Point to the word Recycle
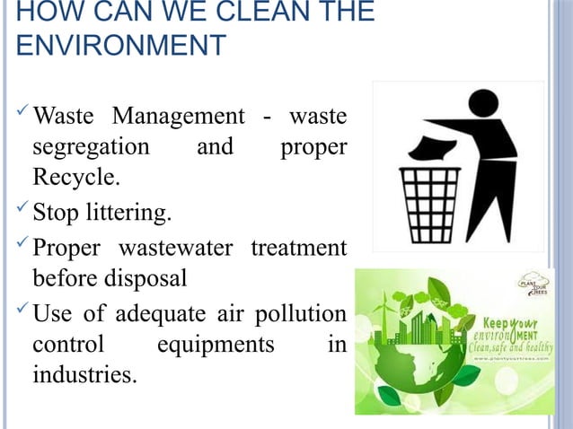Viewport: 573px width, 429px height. coord(75,176)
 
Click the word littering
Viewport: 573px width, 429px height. coord(134,214)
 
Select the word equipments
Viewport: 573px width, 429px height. coord(216,345)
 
